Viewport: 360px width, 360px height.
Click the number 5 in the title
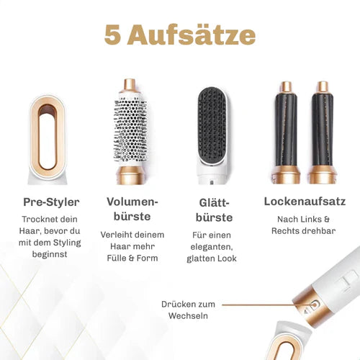tap(112, 35)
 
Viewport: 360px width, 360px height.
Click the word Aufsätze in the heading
tap(192, 35)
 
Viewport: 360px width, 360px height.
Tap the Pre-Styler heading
tap(51, 202)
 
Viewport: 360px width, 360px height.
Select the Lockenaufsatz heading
tap(305, 202)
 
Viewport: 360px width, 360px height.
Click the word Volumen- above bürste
tap(132, 202)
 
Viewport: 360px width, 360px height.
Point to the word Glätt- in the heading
tap(213, 203)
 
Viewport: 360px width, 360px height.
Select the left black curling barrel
tap(286, 130)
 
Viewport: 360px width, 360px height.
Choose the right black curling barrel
tap(323, 130)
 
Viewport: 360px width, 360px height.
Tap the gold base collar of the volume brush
tap(131, 175)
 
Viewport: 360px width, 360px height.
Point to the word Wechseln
tap(188, 315)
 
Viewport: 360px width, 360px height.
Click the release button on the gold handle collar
tap(315, 305)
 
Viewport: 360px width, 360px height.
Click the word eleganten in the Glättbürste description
tap(212, 247)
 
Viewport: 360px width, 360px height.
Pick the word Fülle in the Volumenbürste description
tap(117, 258)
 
